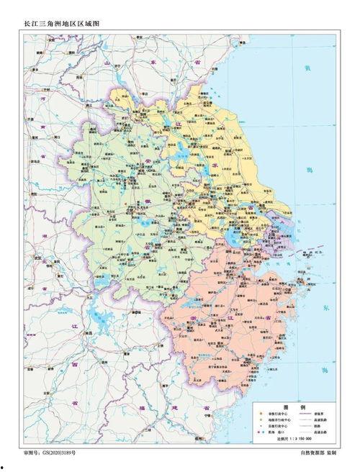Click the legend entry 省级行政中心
tap(276, 414)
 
